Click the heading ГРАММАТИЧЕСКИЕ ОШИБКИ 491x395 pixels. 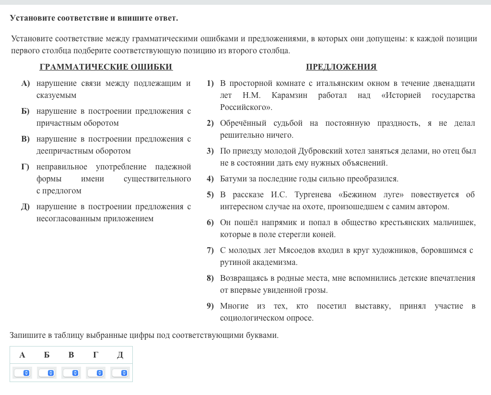(106, 67)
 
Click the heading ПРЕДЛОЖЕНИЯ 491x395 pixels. (341, 67)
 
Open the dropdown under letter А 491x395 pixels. (22, 373)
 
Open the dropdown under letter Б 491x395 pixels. (47, 373)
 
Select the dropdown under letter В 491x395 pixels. (71, 373)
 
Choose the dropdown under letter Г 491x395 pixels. (95, 373)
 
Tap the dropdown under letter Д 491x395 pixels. (120, 373)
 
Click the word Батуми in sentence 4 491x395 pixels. (234, 179)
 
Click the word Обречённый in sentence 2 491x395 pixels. (241, 123)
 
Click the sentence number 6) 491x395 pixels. (210, 223)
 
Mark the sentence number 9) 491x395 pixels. (210, 306)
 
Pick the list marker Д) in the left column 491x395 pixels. (25, 207)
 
